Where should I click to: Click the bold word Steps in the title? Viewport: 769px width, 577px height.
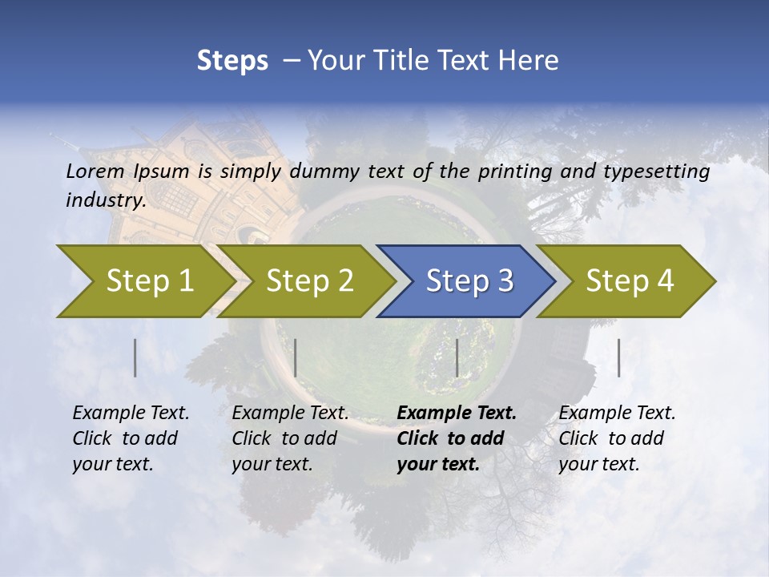(x=232, y=60)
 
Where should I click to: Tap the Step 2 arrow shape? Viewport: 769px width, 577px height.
(x=309, y=280)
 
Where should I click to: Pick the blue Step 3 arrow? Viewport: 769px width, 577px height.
(x=469, y=280)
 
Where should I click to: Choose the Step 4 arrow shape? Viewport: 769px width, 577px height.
(x=630, y=280)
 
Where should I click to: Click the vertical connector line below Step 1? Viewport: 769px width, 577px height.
(x=135, y=357)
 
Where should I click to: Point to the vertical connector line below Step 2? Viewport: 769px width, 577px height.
(x=296, y=357)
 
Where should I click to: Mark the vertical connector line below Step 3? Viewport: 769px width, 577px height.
(x=457, y=357)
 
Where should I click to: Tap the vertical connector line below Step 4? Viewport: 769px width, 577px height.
(x=618, y=357)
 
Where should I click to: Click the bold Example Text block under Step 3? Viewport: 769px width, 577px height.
(x=457, y=438)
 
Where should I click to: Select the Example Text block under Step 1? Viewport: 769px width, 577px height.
(x=131, y=438)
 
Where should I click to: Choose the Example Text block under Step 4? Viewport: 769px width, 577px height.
(x=617, y=438)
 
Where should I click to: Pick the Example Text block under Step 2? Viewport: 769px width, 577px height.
(x=290, y=438)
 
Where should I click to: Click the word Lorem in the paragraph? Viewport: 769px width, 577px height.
(x=95, y=171)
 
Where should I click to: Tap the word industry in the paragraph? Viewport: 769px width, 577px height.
(x=105, y=200)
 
